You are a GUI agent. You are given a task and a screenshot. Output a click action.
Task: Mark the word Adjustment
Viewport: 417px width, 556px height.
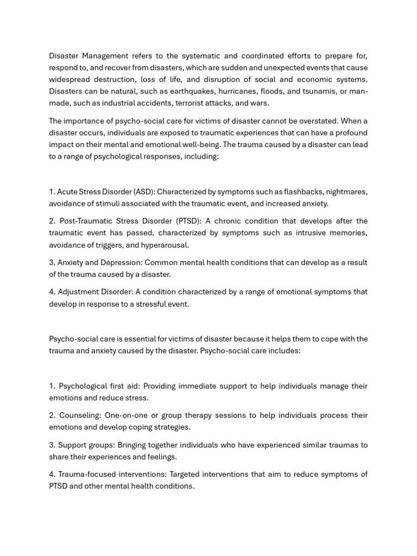point(78,292)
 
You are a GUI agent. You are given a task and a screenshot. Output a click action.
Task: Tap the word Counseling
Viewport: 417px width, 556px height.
point(78,415)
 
